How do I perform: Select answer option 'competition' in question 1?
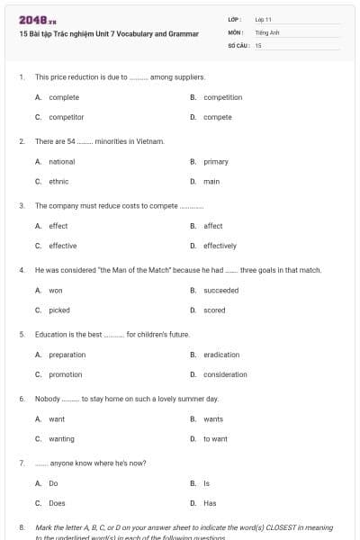(x=222, y=97)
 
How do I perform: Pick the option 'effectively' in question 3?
(x=220, y=246)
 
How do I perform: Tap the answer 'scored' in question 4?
(x=214, y=310)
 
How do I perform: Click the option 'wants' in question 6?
(x=213, y=418)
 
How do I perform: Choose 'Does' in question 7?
(x=57, y=503)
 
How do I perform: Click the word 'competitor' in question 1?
(x=66, y=117)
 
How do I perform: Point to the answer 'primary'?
(x=216, y=162)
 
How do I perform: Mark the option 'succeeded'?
(x=221, y=291)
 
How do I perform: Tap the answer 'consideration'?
(x=225, y=374)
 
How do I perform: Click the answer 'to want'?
(x=215, y=438)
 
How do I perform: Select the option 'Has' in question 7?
(x=210, y=503)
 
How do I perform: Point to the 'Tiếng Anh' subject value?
(x=265, y=31)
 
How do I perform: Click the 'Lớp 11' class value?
(x=264, y=19)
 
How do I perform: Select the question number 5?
(x=22, y=334)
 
